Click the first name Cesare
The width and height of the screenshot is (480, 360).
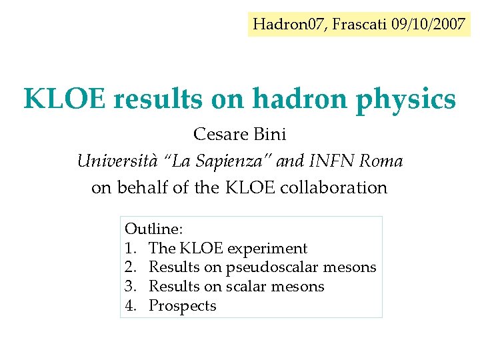pos(221,135)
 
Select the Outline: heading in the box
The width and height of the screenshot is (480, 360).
pos(153,229)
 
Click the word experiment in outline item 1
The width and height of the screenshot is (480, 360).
pos(267,249)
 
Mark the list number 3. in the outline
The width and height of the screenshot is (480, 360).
pos(131,287)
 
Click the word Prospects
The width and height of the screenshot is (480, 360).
pos(182,306)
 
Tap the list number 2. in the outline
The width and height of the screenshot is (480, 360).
pos(131,268)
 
